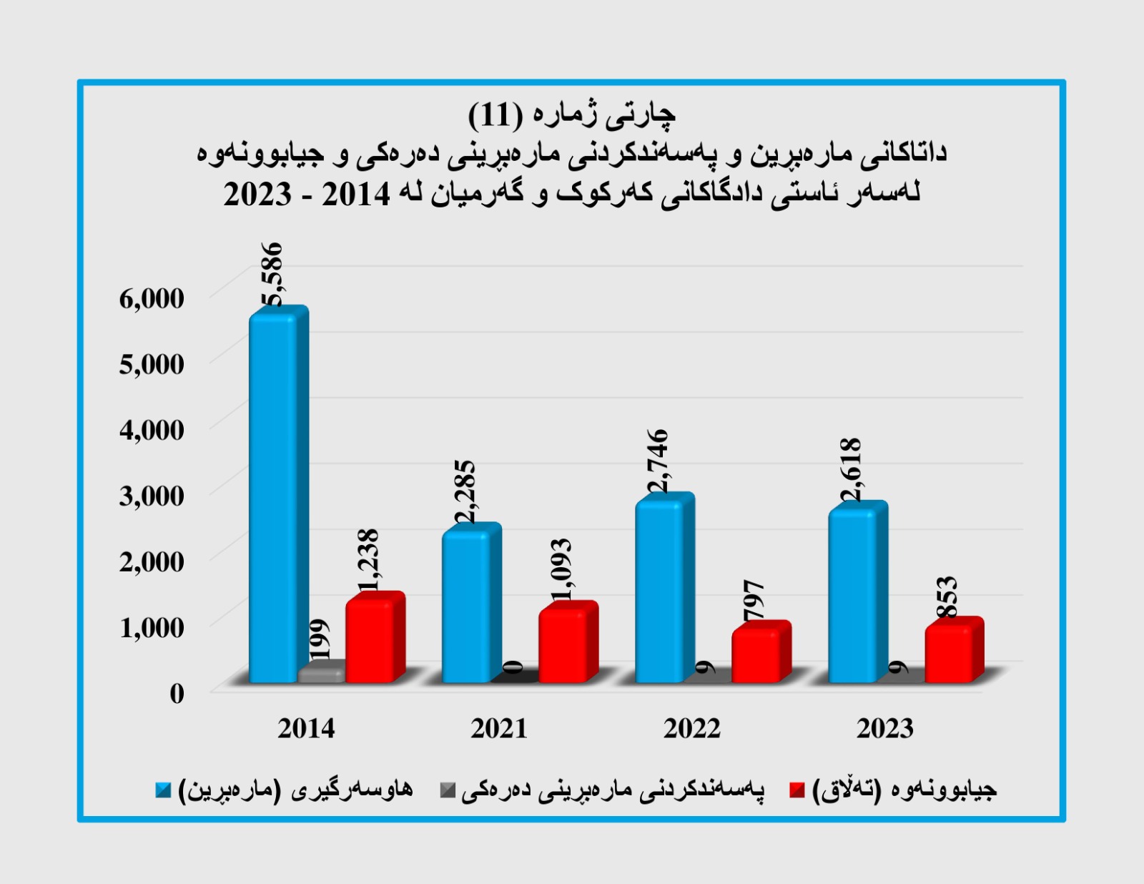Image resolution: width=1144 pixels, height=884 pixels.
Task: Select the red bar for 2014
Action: point(370,641)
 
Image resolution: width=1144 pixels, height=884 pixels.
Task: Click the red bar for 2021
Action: point(563,646)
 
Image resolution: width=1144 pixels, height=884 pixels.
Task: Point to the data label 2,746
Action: point(657,461)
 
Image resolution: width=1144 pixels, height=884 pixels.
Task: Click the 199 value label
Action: point(320,639)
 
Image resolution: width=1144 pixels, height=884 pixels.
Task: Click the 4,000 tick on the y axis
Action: point(152,430)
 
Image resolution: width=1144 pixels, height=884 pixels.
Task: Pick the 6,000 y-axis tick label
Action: point(152,298)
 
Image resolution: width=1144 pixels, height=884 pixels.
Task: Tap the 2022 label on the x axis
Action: point(691,728)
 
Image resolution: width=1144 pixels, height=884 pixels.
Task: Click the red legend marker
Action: point(797,790)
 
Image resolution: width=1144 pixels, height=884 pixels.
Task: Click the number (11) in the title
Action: point(495,114)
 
